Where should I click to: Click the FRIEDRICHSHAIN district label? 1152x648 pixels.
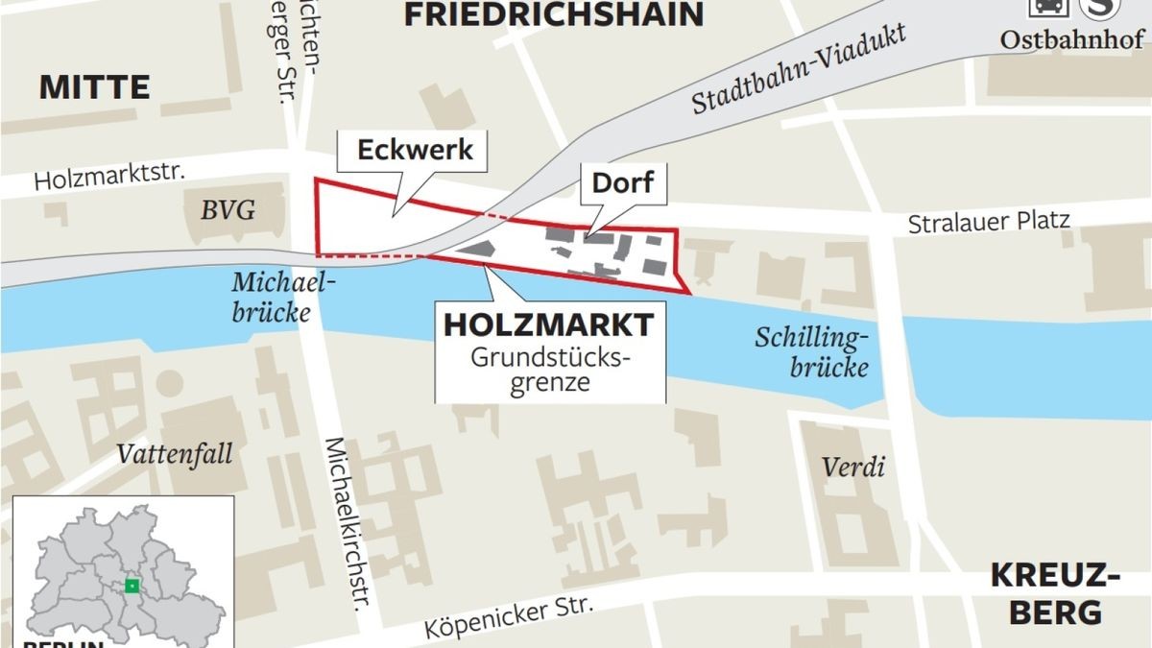tap(554, 14)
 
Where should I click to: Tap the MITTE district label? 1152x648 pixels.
tap(94, 88)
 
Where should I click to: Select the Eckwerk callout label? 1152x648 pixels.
tap(415, 151)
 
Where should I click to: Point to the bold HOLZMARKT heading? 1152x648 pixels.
tap(548, 324)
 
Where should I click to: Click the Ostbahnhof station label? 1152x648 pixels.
tap(1072, 40)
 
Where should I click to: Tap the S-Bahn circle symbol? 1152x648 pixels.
tap(1101, 8)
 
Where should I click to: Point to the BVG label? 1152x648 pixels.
tap(228, 209)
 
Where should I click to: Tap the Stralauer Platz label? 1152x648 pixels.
tap(989, 223)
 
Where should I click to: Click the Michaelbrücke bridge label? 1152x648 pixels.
tap(272, 297)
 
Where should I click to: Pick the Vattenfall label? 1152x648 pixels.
tap(175, 453)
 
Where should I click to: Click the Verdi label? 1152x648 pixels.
tap(852, 468)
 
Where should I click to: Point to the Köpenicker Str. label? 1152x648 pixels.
tap(510, 619)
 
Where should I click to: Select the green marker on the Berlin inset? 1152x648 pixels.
tap(132, 586)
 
